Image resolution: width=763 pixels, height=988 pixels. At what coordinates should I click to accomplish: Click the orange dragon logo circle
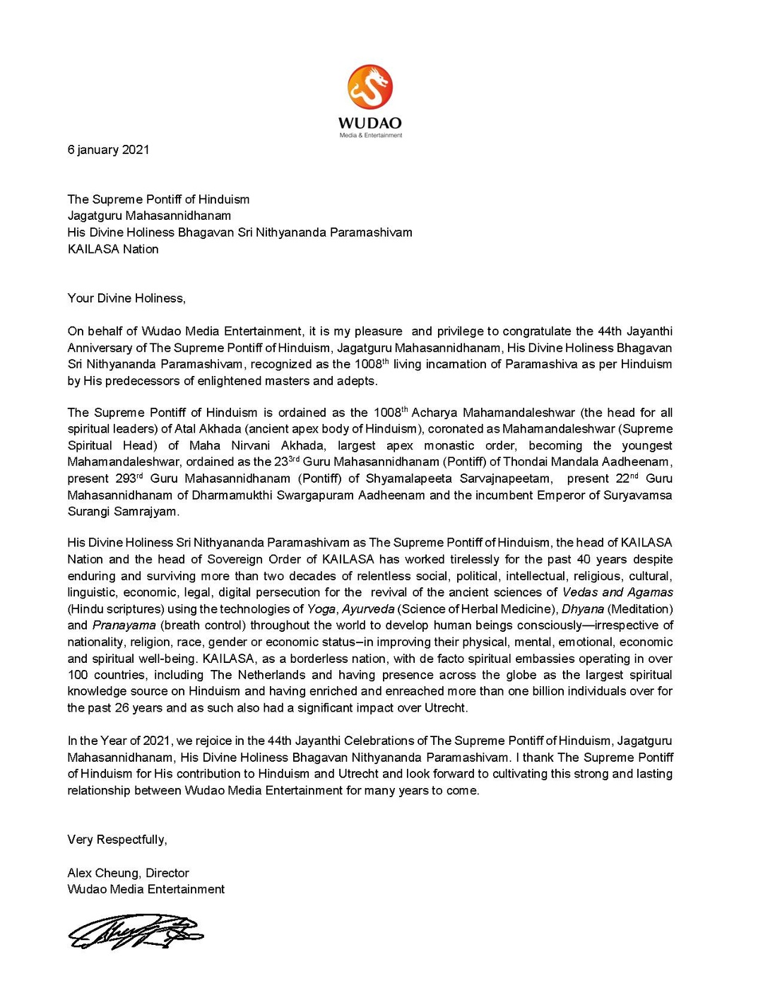point(369,87)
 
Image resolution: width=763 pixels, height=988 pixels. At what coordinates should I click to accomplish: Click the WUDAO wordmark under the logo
point(369,123)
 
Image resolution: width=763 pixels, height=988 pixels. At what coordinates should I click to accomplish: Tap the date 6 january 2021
point(108,150)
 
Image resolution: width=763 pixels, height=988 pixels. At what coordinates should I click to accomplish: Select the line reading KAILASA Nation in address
point(113,249)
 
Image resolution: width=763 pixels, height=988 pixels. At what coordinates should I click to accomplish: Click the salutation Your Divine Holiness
point(126,298)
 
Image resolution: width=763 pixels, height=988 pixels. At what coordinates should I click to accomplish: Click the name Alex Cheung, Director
point(128,873)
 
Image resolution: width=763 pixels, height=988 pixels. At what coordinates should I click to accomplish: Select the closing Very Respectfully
point(117,840)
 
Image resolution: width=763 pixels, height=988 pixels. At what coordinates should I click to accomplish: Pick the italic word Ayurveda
point(368,609)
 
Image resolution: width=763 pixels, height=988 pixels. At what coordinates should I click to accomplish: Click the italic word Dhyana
point(582,609)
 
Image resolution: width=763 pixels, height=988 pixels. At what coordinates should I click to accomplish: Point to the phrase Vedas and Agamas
point(617,592)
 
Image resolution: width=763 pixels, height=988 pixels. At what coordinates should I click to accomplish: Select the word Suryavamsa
point(637,495)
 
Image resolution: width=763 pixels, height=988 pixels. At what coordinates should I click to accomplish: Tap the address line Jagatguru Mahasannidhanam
point(149,216)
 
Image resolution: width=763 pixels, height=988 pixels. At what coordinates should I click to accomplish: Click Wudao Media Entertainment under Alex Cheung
point(146,889)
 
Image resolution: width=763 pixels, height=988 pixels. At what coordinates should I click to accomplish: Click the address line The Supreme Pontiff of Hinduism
point(158,199)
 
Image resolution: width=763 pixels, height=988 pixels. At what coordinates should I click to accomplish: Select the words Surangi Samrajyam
point(124,512)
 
